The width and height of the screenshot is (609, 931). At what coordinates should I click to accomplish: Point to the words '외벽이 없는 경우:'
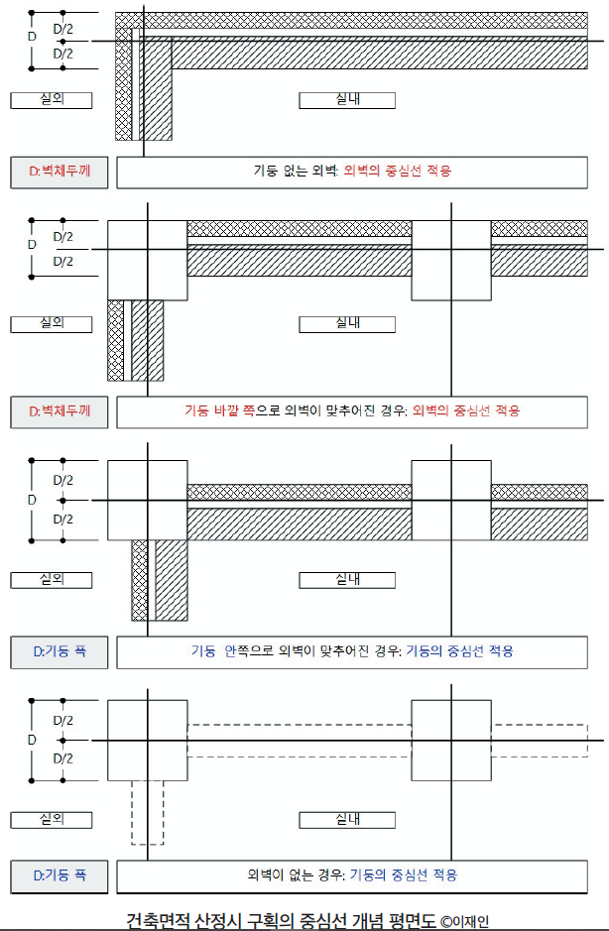(295, 875)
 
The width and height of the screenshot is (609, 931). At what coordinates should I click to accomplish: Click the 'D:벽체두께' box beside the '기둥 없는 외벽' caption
(59, 172)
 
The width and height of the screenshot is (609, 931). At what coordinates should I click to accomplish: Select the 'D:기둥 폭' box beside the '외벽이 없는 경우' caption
(59, 875)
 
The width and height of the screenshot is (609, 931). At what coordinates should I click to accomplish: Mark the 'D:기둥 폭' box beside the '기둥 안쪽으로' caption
(59, 651)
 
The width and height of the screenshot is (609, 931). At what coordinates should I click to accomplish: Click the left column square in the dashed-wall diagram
(147, 740)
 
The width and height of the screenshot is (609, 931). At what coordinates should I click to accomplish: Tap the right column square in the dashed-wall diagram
(451, 740)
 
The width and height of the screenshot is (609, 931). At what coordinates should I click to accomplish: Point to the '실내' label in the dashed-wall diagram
(347, 820)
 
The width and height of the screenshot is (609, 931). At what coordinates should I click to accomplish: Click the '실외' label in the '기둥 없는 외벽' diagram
(51, 100)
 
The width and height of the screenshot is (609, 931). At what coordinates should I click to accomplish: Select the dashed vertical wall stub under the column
(147, 811)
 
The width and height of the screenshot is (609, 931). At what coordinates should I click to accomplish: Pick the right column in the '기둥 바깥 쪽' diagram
(451, 260)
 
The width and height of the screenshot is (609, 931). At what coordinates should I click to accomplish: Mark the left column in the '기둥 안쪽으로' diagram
(147, 500)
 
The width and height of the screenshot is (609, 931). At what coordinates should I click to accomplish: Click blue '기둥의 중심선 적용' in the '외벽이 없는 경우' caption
(404, 875)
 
